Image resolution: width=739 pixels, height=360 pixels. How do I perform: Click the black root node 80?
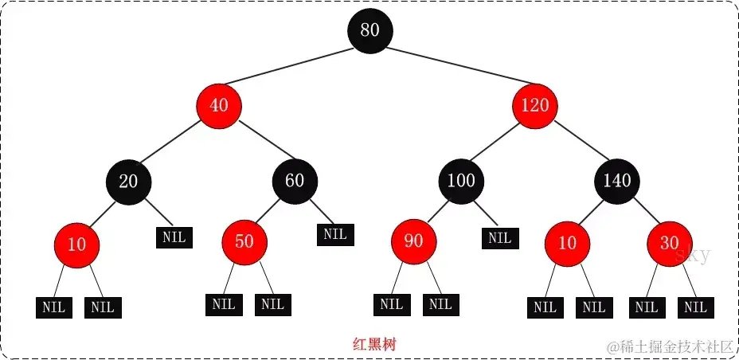coord(369,30)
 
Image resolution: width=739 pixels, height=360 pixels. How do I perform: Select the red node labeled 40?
coord(218,105)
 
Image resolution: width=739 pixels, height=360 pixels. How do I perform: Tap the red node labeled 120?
coord(535,105)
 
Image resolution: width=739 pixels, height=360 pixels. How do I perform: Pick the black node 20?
coord(128,181)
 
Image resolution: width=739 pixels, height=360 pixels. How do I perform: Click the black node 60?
coord(295,181)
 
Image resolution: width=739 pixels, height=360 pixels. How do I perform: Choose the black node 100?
coord(461,181)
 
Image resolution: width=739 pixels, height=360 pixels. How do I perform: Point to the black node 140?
coord(617,181)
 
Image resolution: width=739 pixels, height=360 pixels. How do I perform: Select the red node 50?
coord(244,241)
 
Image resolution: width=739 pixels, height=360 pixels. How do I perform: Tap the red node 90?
coord(413,241)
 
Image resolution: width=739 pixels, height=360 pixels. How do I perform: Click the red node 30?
coord(669,243)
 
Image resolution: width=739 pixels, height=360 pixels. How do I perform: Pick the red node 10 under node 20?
coord(76,245)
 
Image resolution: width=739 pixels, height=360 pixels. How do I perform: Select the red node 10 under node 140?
coord(567,243)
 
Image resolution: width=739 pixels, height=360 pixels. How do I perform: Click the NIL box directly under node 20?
coord(174,237)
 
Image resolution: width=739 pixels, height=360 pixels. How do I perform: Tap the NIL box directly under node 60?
coord(335,234)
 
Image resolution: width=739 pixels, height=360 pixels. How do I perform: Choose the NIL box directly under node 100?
coord(499,237)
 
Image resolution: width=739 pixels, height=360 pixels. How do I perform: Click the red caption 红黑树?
coord(374,345)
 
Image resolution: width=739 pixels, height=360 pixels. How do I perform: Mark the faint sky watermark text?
coord(693,256)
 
